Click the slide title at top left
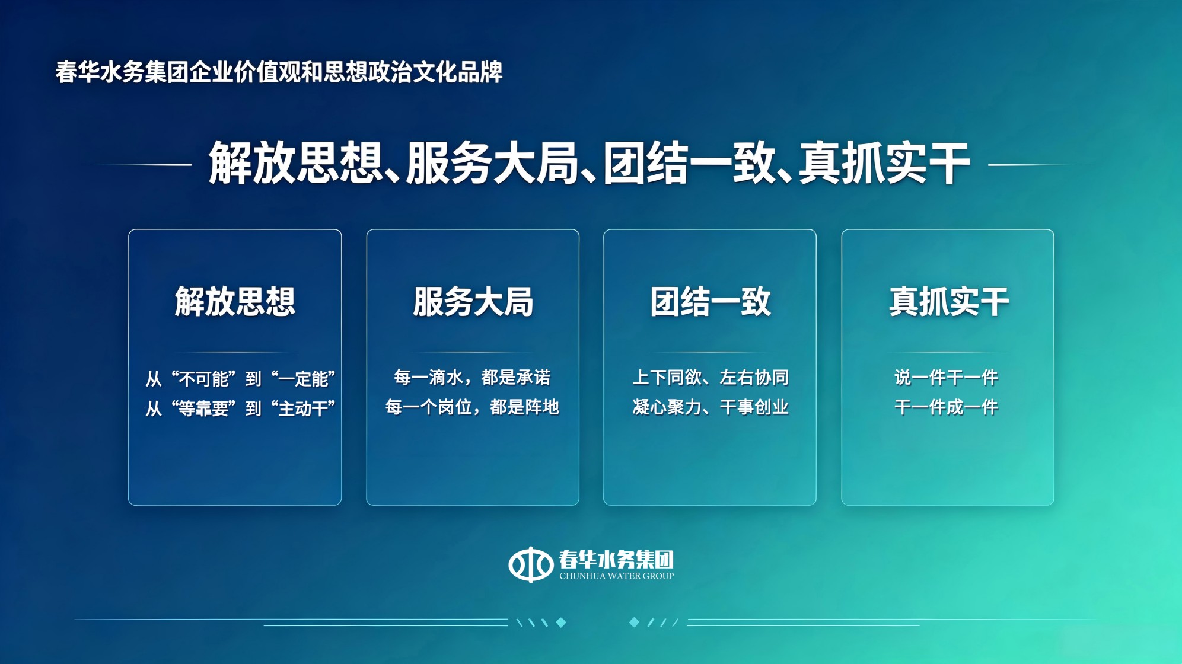279,72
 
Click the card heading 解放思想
235,301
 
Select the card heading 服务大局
473,301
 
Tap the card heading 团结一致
710,301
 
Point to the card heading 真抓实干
948,301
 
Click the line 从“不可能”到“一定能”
241,378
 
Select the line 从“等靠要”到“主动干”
241,408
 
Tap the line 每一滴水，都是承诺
473,377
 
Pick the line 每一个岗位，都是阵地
473,407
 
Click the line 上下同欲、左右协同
711,377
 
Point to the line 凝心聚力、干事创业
711,407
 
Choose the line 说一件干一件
947,377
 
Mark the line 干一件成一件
947,407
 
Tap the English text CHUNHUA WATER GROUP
616,576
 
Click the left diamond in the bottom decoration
561,622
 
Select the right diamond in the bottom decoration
634,622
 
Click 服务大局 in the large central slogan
492,163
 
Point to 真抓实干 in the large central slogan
884,163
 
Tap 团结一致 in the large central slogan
689,163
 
